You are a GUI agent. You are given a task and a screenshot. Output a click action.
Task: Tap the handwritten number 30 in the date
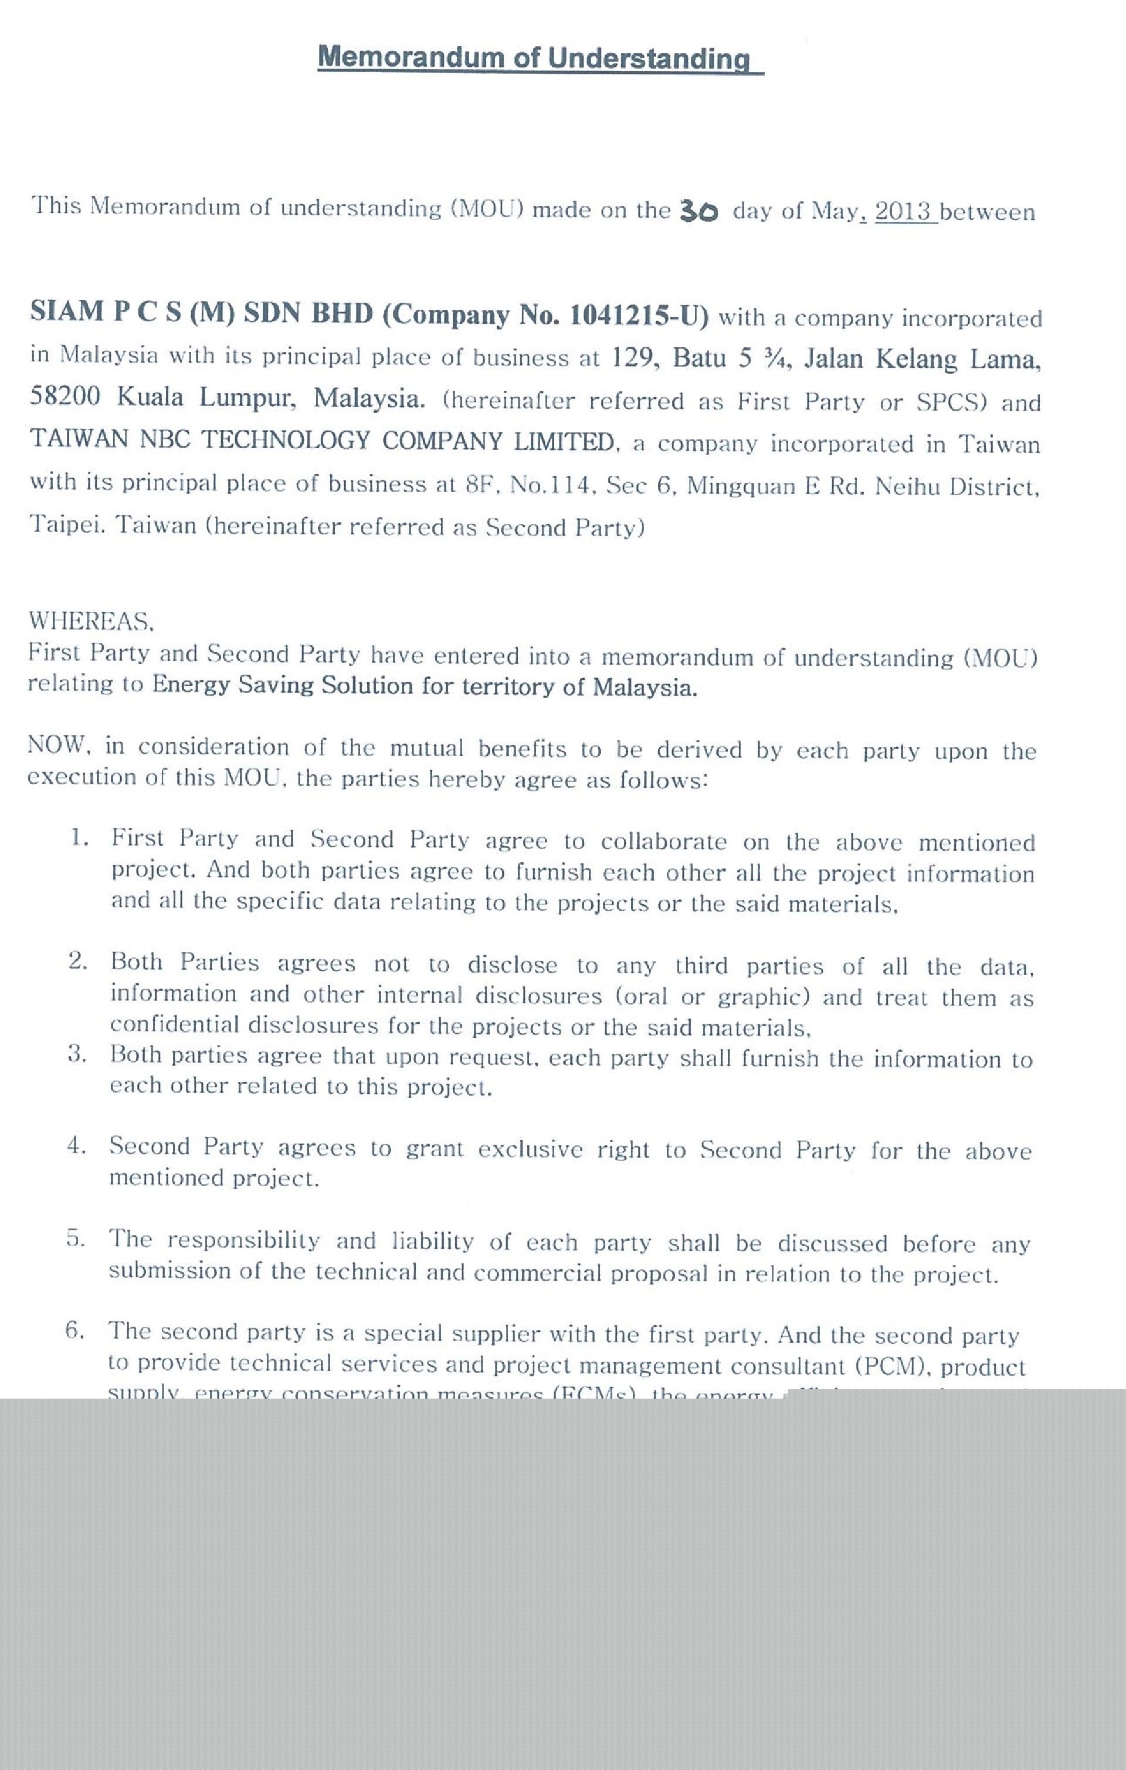coord(698,211)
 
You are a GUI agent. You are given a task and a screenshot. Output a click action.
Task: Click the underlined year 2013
coord(903,212)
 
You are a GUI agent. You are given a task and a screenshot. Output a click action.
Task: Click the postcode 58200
coord(65,397)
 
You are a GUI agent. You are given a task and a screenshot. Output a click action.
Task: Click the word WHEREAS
coord(90,621)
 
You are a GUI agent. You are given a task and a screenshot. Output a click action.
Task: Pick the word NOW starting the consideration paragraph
coord(57,744)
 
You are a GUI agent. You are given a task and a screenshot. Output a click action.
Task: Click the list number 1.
coord(79,837)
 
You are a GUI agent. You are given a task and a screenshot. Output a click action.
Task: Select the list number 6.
coord(75,1330)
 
